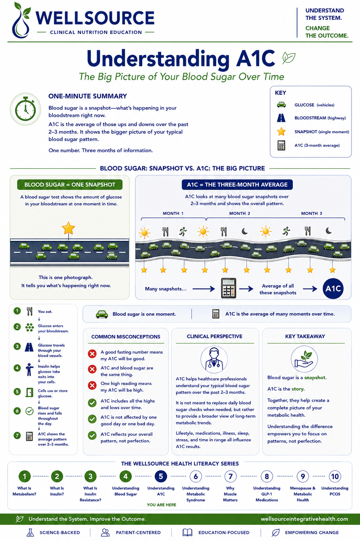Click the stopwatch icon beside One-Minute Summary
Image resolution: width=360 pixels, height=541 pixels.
[25, 109]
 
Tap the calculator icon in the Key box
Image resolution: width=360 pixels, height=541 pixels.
[281, 145]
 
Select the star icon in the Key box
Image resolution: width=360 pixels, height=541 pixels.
[281, 132]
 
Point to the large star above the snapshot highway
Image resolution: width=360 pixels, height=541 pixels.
[68, 228]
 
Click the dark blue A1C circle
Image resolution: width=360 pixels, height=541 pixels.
[333, 289]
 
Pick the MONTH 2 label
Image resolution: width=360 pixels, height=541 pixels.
[240, 213]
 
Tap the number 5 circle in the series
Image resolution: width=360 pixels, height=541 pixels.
[160, 477]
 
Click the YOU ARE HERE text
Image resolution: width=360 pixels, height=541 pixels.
[162, 505]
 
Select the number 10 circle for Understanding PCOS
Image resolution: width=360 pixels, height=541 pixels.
[335, 477]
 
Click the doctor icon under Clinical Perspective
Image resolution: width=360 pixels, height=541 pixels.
[214, 359]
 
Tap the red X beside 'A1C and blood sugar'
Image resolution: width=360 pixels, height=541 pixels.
[92, 369]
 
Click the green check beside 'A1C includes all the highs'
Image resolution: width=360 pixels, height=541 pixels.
[92, 403]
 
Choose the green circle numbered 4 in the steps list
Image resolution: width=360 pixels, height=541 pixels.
[17, 368]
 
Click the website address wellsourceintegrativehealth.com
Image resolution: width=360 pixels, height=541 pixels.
[304, 519]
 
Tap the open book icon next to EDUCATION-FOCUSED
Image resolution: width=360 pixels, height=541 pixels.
[187, 533]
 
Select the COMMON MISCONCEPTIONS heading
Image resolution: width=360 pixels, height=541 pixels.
[126, 337]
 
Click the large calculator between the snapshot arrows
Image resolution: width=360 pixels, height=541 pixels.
[229, 288]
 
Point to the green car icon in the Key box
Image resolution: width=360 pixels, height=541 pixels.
[281, 105]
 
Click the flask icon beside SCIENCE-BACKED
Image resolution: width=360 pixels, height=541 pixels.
[30, 533]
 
